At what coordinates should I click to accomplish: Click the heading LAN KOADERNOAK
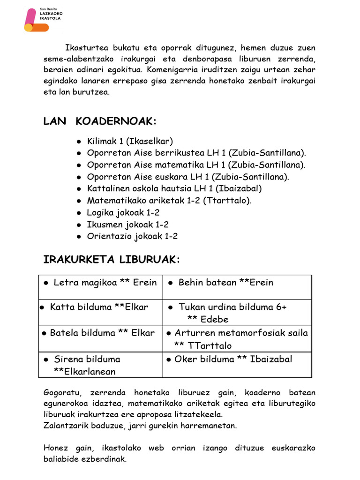point(99,121)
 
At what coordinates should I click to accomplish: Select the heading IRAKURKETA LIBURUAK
point(112,260)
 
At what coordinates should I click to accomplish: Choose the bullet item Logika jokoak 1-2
point(123,212)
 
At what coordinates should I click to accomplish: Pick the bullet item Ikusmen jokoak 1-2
point(127,225)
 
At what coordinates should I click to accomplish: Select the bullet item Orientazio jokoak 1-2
point(132,236)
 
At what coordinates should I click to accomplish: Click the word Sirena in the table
point(68,360)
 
